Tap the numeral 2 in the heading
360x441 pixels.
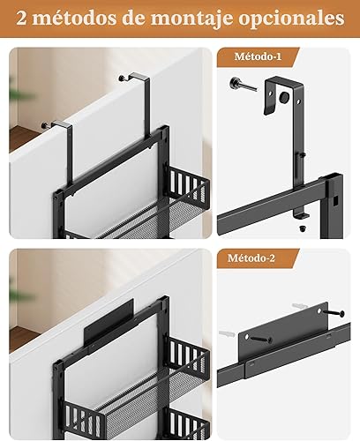click(21, 19)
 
